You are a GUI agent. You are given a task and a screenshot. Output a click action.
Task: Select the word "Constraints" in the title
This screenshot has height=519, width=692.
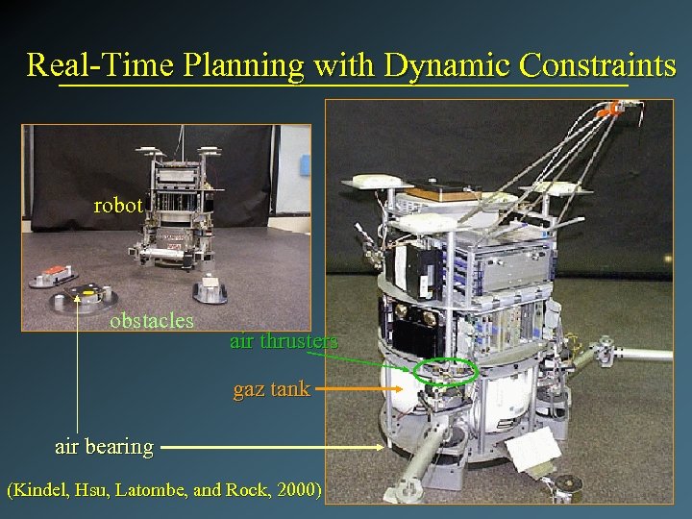[x=596, y=65]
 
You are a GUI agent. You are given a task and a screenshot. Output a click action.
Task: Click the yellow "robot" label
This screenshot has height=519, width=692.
[x=118, y=205]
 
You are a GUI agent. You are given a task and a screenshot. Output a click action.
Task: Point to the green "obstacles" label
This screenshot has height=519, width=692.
[x=152, y=320]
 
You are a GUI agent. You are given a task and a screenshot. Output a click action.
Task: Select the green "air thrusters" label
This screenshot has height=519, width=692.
[x=284, y=341]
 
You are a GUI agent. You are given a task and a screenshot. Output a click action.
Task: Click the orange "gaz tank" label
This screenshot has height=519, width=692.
[x=271, y=389]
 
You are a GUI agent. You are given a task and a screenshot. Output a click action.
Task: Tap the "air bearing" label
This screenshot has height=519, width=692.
[x=104, y=446]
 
